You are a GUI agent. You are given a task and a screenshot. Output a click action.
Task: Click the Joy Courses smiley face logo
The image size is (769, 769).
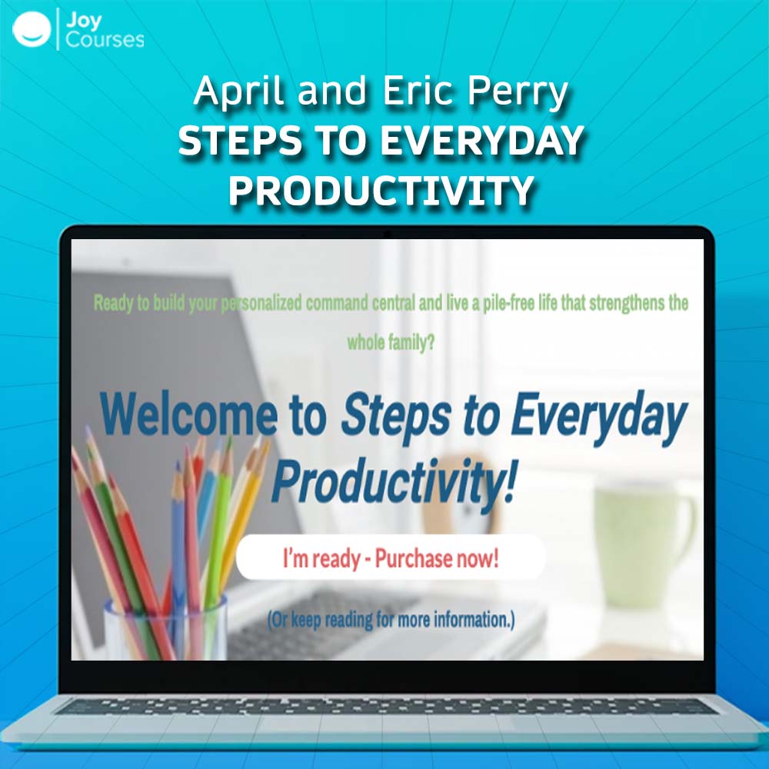[x=32, y=29]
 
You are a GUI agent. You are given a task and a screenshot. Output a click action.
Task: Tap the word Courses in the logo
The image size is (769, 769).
[x=105, y=40]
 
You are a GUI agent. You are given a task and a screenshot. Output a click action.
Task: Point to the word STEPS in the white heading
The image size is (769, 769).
[x=240, y=140]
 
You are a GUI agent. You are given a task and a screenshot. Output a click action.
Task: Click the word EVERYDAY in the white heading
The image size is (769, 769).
[x=481, y=140]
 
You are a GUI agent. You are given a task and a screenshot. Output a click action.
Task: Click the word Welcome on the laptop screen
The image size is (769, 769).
[x=188, y=415]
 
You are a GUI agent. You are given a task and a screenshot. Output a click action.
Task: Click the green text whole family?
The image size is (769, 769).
[x=391, y=342]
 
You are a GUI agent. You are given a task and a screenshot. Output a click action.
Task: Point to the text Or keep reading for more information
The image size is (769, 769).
[x=391, y=619]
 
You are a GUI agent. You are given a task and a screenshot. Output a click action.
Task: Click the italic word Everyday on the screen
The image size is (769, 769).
[x=598, y=418]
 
